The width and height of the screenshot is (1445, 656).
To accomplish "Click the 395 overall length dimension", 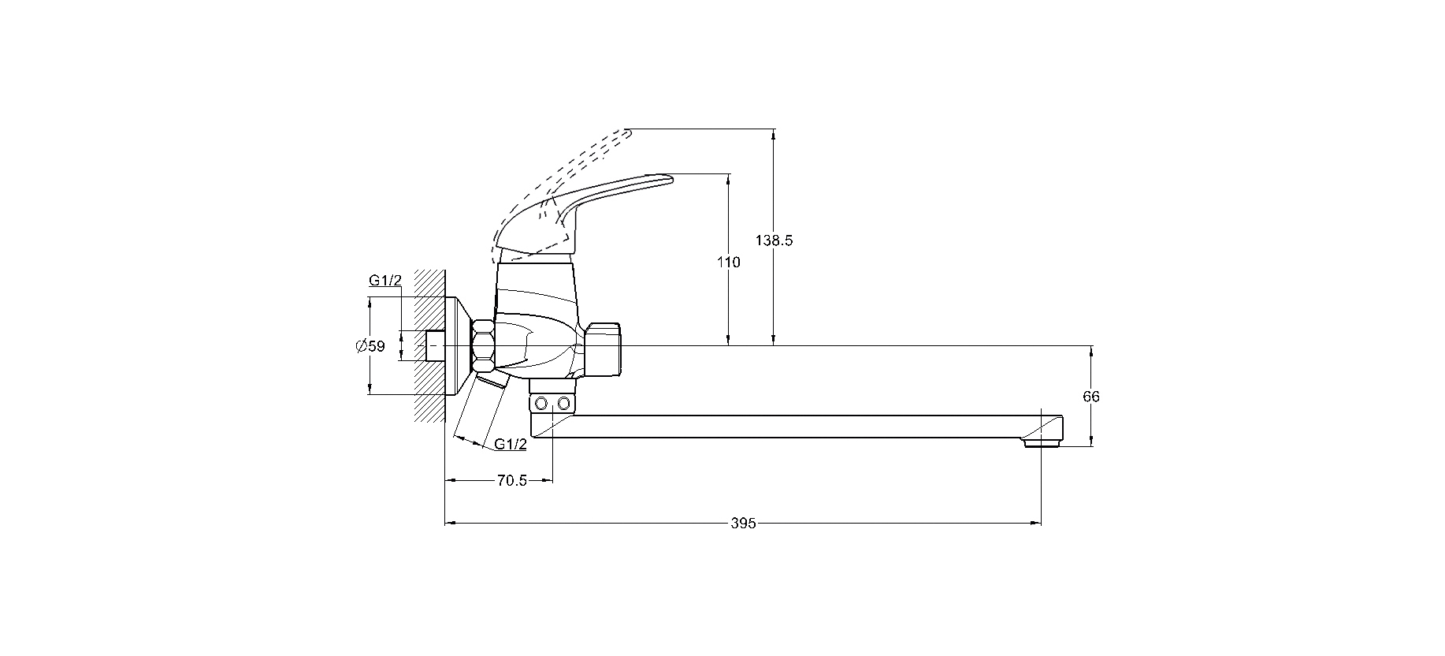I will coord(743,523).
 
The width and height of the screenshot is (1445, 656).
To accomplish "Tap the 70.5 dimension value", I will coord(511,480).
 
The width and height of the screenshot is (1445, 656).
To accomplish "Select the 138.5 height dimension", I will coord(774,240).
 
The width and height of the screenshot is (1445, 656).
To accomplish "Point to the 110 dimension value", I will coord(729,263).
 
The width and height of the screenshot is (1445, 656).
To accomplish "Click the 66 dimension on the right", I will coord(1091,397).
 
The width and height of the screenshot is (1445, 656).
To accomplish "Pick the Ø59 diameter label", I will coord(370,345).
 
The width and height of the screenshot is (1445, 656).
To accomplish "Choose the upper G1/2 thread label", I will coord(385,280).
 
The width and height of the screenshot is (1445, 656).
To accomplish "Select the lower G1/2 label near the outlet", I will coord(511,444).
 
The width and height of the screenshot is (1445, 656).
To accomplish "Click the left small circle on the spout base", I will coord(541,404).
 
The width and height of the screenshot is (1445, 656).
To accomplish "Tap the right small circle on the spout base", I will coord(563,404).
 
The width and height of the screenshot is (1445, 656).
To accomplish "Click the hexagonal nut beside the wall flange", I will coord(483,345).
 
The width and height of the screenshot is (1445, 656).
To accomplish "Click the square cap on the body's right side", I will coord(604,347).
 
